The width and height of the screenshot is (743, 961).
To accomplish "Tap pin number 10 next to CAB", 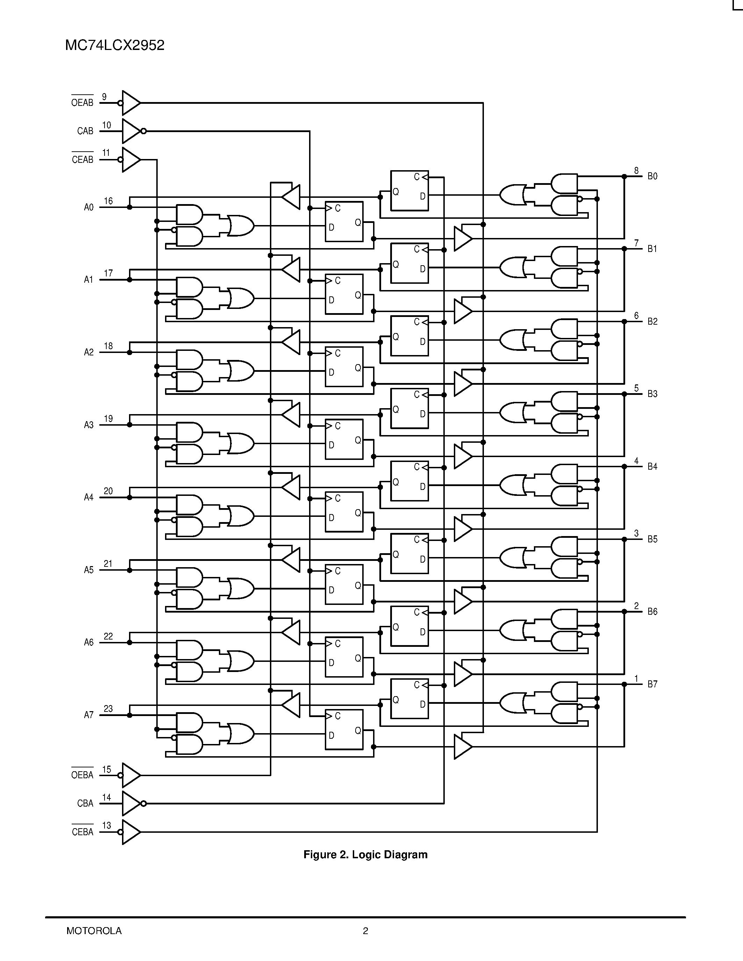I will pyautogui.click(x=107, y=125).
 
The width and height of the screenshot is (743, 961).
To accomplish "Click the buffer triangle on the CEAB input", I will pyautogui.click(x=130, y=160).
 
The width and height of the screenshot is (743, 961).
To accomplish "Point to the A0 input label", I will pyautogui.click(x=88, y=207).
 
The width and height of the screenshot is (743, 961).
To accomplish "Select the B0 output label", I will pyautogui.click(x=652, y=176).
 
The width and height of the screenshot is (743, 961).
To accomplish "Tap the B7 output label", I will pyautogui.click(x=652, y=684).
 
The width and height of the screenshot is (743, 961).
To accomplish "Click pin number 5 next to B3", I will pyautogui.click(x=636, y=388).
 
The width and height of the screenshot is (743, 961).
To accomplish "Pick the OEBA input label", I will pyautogui.click(x=82, y=775).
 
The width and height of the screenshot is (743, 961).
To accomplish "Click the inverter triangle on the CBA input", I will pyautogui.click(x=131, y=803).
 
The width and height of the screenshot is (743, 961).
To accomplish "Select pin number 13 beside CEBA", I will pyautogui.click(x=107, y=825).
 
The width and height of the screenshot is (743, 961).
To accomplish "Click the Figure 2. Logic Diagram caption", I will pyautogui.click(x=365, y=854).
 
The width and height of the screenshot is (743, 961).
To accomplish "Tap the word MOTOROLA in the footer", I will pyautogui.click(x=94, y=931).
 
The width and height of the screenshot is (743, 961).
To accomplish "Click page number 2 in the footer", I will pyautogui.click(x=365, y=931).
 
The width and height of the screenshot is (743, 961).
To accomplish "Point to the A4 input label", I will pyautogui.click(x=88, y=497).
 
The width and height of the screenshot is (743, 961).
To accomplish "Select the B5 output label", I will pyautogui.click(x=652, y=539).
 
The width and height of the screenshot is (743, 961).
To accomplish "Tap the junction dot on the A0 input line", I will pyautogui.click(x=129, y=207).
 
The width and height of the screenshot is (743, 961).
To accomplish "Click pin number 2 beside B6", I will pyautogui.click(x=636, y=606).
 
